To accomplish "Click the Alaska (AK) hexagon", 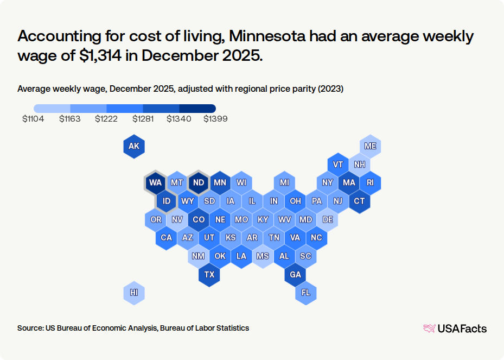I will (133, 146).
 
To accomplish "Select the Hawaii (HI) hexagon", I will (133, 293).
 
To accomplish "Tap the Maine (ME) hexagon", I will (370, 146).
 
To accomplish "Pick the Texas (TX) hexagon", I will (209, 274).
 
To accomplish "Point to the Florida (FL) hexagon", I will (305, 293).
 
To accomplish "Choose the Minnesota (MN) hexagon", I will (220, 182).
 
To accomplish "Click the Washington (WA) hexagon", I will (155, 182).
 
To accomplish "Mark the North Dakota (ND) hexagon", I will (198, 182).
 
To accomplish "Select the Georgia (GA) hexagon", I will (295, 274).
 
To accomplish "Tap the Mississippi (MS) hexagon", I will (263, 256).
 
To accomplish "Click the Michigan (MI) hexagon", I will (284, 182).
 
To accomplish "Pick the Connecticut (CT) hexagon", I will (359, 201).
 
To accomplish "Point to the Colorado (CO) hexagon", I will (198, 219).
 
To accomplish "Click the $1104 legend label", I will (33, 119).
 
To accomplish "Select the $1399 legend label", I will (215, 119).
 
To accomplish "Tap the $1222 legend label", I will (106, 119).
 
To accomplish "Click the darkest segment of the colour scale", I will (197, 108).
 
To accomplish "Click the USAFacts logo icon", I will (429, 328).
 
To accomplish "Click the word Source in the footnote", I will (29, 328).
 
